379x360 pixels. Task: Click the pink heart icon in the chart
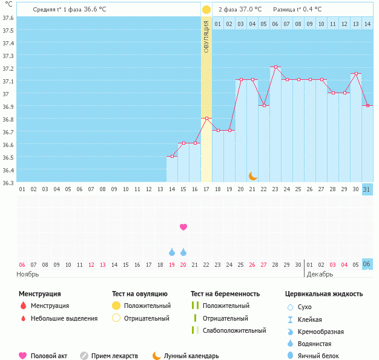tap(183, 227)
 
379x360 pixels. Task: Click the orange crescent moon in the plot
tap(253, 175)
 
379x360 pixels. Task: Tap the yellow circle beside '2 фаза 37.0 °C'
tap(206, 10)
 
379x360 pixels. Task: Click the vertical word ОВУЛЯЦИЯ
tap(206, 38)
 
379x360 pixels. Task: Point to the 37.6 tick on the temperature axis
tap(8, 18)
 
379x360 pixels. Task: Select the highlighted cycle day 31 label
tap(367, 189)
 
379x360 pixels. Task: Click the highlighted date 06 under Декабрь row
tap(367, 264)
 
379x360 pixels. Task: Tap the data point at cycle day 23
tap(275, 67)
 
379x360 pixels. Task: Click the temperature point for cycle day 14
tap(172, 156)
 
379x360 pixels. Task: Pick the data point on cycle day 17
tap(206, 119)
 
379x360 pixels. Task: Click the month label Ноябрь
tap(28, 274)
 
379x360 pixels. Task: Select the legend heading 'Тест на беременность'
tap(225, 294)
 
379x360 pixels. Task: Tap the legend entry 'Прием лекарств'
tap(114, 356)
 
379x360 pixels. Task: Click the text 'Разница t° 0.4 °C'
tap(297, 10)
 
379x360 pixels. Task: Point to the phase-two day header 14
tap(367, 24)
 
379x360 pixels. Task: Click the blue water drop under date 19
tap(172, 252)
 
